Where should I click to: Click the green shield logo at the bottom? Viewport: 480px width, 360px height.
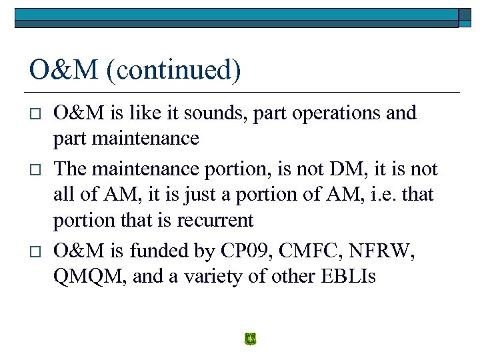(x=250, y=339)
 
